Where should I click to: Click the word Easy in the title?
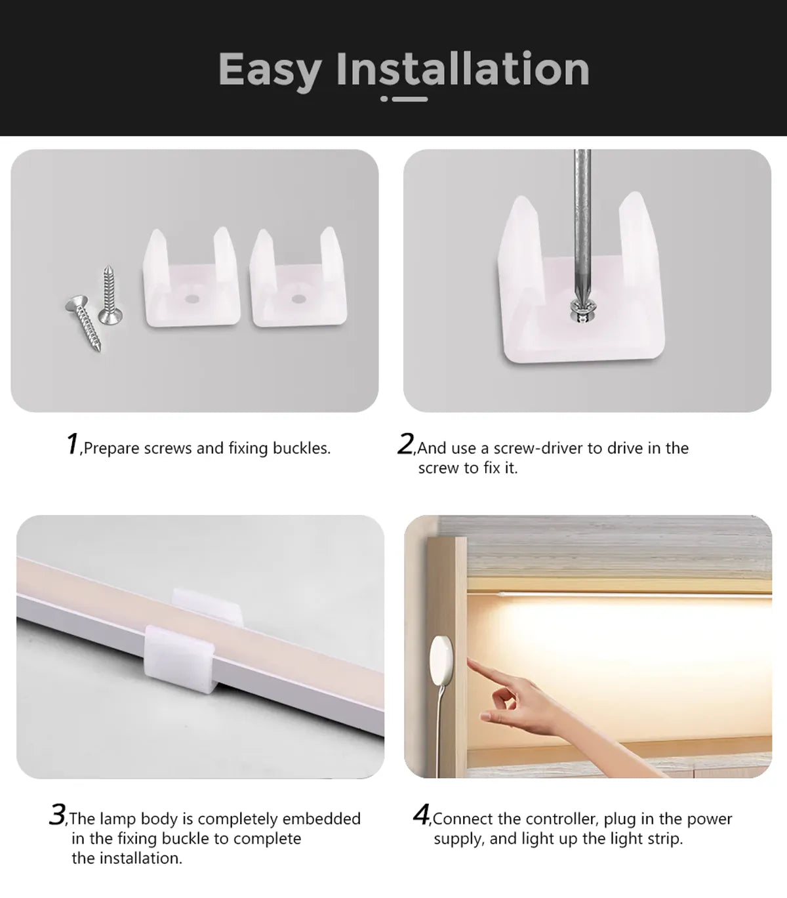pyautogui.click(x=270, y=70)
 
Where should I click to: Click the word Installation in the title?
pyautogui.click(x=463, y=69)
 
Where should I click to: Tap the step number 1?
pyautogui.click(x=72, y=444)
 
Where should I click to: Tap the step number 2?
pyautogui.click(x=405, y=444)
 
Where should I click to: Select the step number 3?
pyautogui.click(x=57, y=815)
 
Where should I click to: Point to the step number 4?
pyautogui.click(x=421, y=815)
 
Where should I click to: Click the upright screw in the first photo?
pyautogui.click(x=108, y=295)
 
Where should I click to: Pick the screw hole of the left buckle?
pyautogui.click(x=192, y=298)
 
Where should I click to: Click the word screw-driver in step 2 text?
pyautogui.click(x=538, y=448)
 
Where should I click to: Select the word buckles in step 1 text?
pyautogui.click(x=301, y=448)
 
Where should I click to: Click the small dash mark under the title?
pyautogui.click(x=404, y=99)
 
